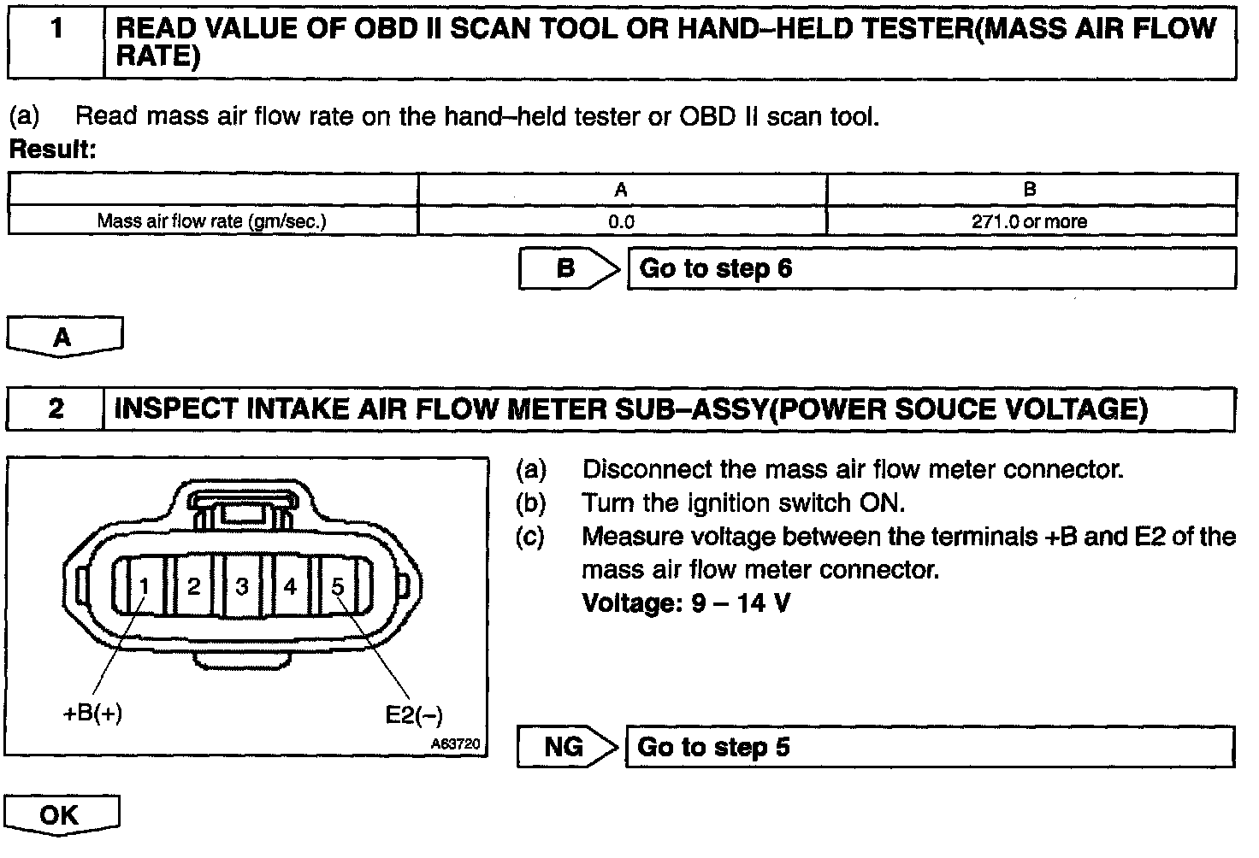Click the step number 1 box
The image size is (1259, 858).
click(x=56, y=43)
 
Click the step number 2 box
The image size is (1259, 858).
click(x=56, y=409)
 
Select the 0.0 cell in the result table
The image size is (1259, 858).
click(x=622, y=221)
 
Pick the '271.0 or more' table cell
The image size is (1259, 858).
click(x=1030, y=221)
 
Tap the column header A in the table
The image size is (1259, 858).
click(x=622, y=190)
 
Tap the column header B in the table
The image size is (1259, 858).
click(x=1030, y=190)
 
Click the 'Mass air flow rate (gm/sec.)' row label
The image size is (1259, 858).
click(x=212, y=221)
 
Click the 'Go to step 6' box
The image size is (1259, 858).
click(x=931, y=269)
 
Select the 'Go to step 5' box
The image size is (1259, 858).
click(x=931, y=748)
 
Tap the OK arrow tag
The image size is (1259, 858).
click(x=60, y=815)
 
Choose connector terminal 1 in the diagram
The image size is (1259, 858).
click(x=145, y=586)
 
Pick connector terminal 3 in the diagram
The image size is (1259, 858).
click(x=242, y=586)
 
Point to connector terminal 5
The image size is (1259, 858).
click(x=338, y=586)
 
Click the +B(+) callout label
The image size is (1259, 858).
click(x=92, y=714)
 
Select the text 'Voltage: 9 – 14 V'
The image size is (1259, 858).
click(x=686, y=603)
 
